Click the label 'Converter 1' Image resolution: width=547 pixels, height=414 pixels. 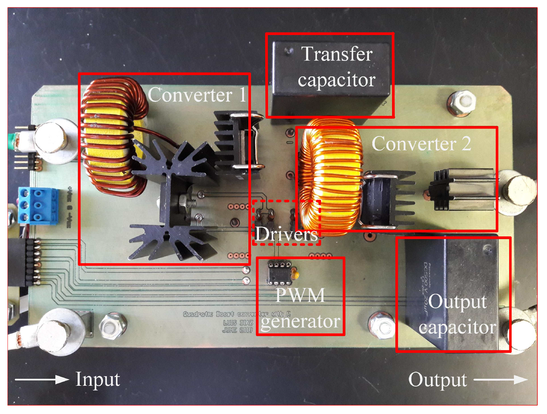pos(197,95)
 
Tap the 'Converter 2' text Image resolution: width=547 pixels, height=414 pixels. pos(421,144)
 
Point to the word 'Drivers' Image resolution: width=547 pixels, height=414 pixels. pos(286,234)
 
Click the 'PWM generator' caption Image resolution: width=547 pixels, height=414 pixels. pos(300,308)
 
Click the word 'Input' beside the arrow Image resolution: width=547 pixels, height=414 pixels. pos(98,379)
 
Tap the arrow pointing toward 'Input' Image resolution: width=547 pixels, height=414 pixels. pos(41,380)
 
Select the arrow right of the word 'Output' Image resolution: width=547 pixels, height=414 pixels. pos(501,380)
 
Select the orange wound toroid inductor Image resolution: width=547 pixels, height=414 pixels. pos(330,176)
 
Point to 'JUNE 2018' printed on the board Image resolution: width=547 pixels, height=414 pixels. pos(237,330)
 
